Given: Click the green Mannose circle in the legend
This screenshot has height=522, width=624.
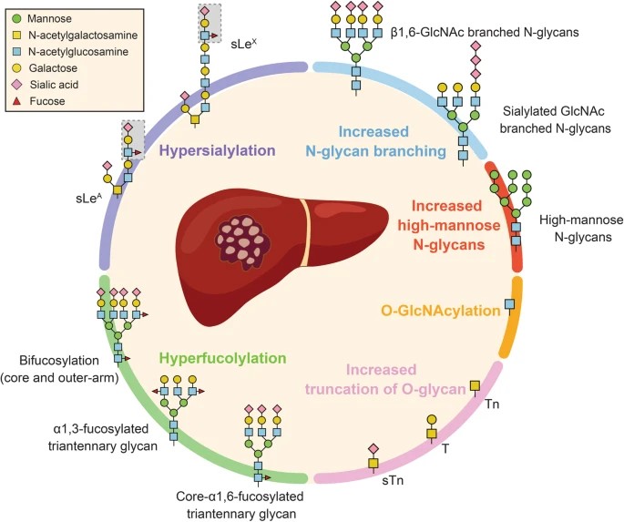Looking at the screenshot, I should click(17, 17).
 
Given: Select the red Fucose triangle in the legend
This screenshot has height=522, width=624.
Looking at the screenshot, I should click(17, 101).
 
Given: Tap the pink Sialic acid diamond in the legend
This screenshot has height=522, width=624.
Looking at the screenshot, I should click(17, 84).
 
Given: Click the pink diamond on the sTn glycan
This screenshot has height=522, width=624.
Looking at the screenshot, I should click(373, 448).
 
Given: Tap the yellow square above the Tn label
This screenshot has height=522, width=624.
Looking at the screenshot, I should click(474, 386).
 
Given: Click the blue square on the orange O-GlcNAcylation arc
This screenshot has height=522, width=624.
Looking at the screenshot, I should click(509, 303).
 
